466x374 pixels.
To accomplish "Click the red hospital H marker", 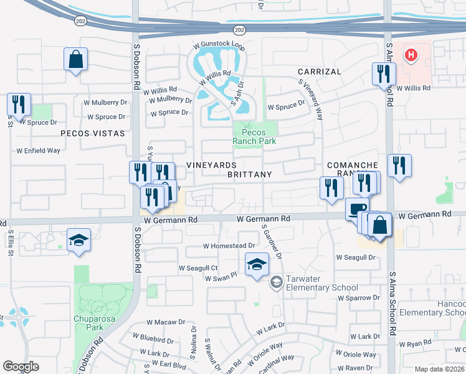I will [411, 55].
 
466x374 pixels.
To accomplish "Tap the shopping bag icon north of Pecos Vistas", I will [75, 60].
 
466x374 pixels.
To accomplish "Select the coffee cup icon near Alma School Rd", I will [357, 208].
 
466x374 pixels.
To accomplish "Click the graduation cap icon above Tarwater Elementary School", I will [257, 265].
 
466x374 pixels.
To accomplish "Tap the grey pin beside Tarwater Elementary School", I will [275, 283].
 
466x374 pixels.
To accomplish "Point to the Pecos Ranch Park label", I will [254, 137].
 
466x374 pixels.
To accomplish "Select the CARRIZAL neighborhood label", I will [319, 72].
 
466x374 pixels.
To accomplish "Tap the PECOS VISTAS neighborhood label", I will [93, 133].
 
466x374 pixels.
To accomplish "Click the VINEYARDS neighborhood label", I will [212, 165].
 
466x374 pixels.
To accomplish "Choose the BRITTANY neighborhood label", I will [249, 175].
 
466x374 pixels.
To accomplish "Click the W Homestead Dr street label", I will [229, 246].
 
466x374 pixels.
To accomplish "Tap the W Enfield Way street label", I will [38, 151].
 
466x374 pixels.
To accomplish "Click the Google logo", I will [21, 367].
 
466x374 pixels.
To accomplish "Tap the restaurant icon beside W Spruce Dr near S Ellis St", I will [19, 105].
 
